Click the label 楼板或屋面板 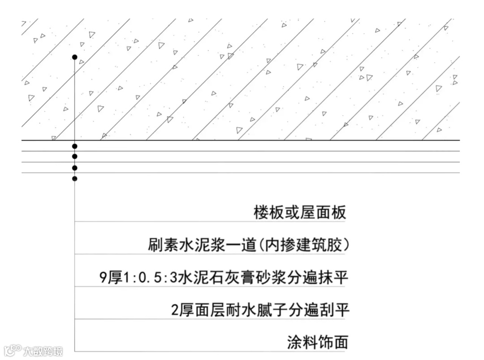point(300,213)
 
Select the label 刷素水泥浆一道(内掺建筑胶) point(248,245)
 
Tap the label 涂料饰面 point(318,343)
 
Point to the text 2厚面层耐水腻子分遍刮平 point(260,310)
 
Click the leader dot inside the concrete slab point(75,57)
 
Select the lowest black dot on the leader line point(75,178)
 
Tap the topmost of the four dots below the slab point(75,146)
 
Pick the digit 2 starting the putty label point(176,310)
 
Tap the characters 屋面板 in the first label point(323,213)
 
